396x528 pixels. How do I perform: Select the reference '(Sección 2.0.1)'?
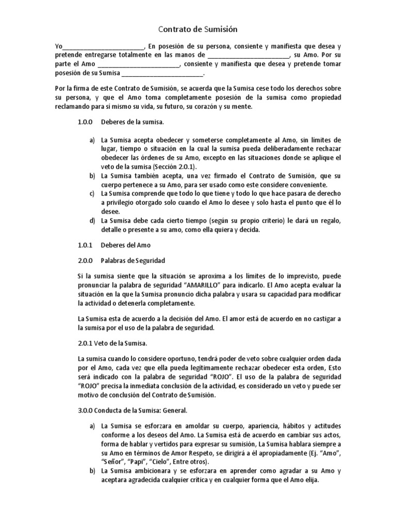(x=175, y=167)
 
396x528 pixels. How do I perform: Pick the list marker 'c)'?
(x=92, y=194)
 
